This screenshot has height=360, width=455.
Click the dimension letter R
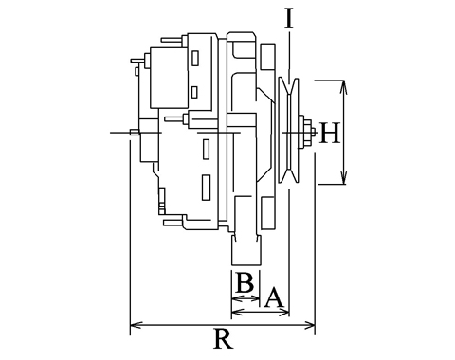224,339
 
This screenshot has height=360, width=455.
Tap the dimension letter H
330,133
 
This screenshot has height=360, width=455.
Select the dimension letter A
274,297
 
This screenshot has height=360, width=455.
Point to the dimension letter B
245,282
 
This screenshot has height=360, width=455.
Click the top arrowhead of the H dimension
343,87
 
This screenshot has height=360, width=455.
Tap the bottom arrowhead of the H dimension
343,177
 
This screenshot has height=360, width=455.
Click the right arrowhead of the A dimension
283,313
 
